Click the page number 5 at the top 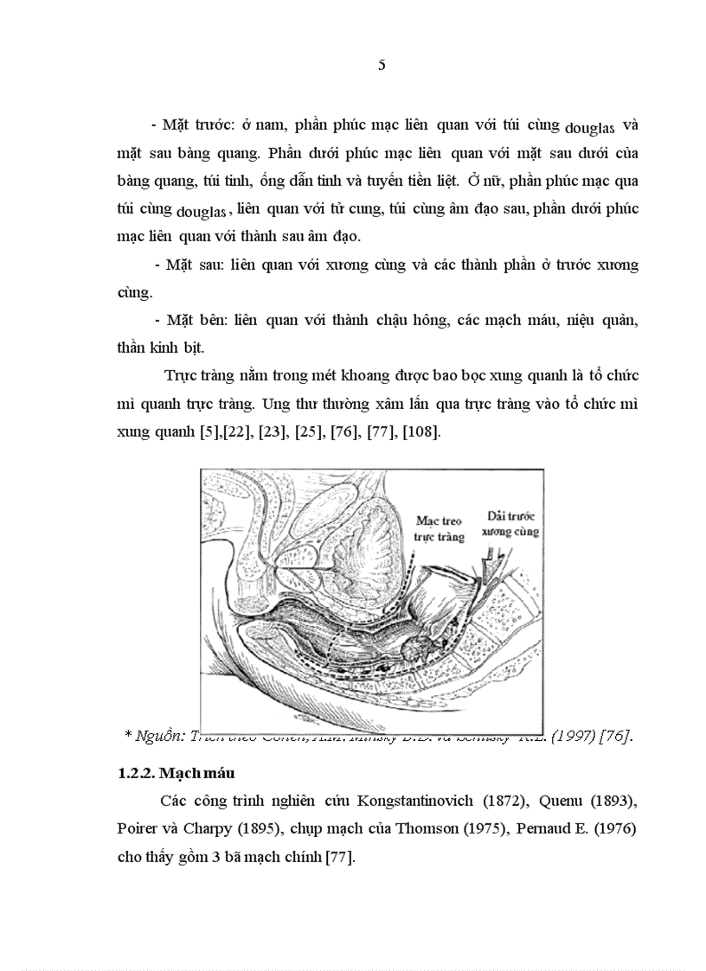(x=382, y=67)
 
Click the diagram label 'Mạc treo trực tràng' (x=440, y=529)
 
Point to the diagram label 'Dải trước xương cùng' (x=510, y=523)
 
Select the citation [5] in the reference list (x=209, y=431)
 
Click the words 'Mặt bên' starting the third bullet (x=195, y=321)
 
